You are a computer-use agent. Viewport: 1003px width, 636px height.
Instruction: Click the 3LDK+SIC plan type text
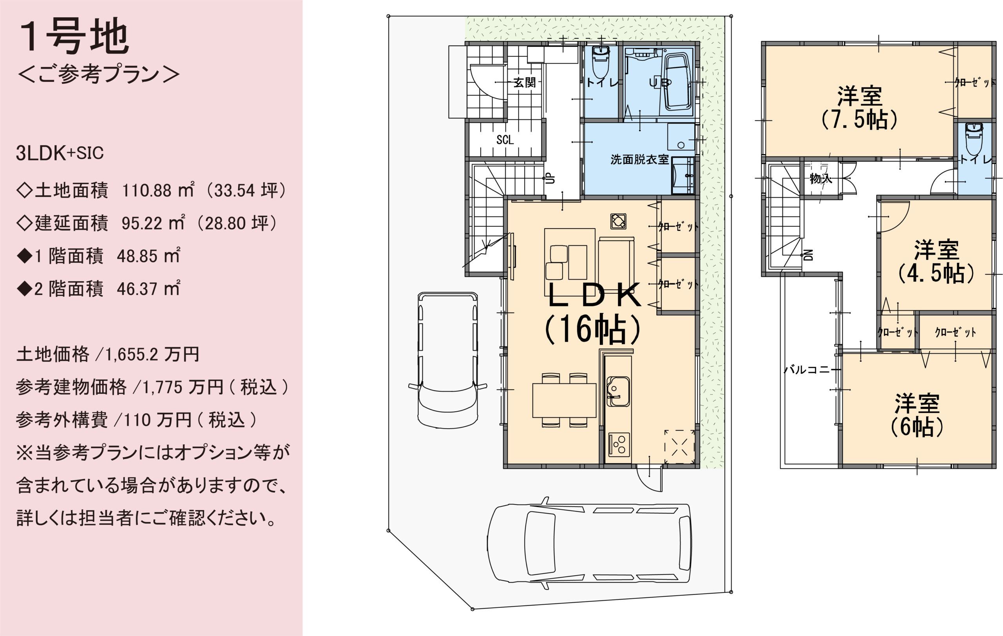(x=60, y=153)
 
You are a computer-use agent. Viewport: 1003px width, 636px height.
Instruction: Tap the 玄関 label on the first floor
(x=524, y=82)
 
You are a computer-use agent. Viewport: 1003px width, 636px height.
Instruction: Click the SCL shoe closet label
(x=505, y=140)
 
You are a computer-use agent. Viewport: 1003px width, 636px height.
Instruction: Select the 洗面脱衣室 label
(x=639, y=160)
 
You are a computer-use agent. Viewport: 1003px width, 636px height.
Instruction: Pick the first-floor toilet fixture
(x=601, y=62)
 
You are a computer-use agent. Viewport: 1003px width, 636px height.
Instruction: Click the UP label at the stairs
(x=550, y=179)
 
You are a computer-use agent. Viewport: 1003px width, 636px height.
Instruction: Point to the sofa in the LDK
(x=616, y=258)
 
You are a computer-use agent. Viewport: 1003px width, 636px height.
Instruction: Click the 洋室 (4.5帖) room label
(x=936, y=262)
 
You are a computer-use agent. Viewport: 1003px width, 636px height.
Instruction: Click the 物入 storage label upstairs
(x=820, y=179)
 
